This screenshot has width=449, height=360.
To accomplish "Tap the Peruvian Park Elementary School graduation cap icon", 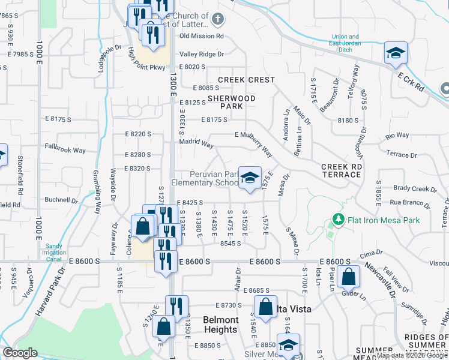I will click(x=250, y=178).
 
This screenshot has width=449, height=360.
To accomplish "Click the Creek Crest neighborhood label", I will click(x=246, y=80).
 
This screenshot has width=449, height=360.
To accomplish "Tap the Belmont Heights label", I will click(x=221, y=325).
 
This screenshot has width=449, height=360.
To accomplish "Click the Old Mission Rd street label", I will click(x=202, y=36).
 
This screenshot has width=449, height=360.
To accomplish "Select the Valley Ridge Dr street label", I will click(x=202, y=54).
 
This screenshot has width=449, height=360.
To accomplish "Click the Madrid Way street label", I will click(x=196, y=144).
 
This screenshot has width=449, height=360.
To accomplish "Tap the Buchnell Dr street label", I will click(x=62, y=200).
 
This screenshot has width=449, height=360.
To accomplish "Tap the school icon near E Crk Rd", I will click(x=396, y=53).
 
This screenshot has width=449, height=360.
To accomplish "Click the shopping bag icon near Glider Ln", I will click(x=348, y=277).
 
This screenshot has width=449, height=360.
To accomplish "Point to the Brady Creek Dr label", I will click(x=415, y=189).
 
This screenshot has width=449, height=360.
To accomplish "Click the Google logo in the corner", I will click(x=20, y=353).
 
